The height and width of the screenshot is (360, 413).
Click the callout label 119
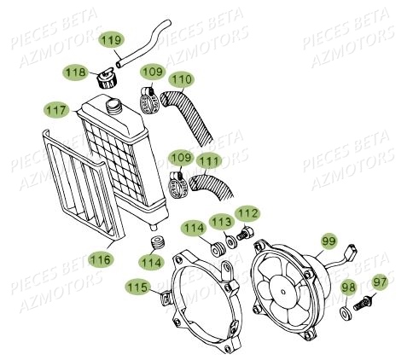112,40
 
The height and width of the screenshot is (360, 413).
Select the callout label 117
56,110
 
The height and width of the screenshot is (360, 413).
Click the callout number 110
181,79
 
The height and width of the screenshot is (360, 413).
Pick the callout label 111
209,161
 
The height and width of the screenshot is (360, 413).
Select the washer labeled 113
231,241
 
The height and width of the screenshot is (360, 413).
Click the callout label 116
101,259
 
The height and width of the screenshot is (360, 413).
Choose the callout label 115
137,287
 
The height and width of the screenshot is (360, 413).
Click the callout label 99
329,241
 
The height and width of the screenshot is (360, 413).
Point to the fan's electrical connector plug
352,253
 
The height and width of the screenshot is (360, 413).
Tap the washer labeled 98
346,312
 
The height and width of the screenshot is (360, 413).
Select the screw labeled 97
364,303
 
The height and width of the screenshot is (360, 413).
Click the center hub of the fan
283,292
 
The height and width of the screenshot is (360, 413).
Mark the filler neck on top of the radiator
114,106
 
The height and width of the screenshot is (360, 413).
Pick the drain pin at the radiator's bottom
154,227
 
